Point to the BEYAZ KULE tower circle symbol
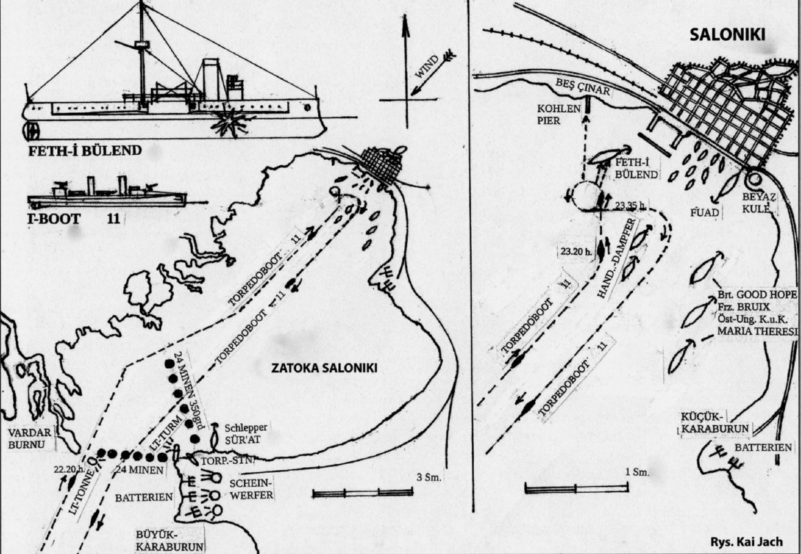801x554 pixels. pos(752,179)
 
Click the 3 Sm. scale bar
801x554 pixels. pos(362,493)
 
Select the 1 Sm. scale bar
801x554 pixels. pos(578,488)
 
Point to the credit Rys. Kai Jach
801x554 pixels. pos(746,540)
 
